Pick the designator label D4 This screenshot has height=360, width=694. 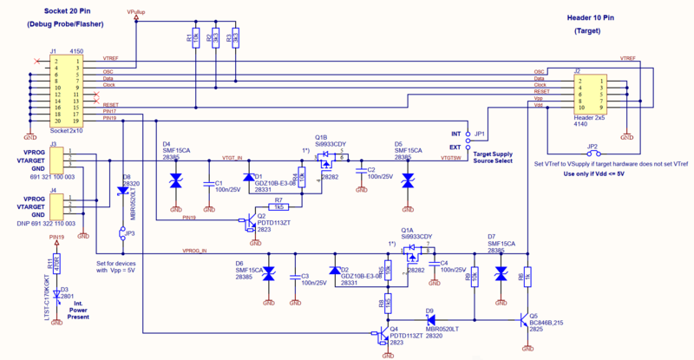(167, 144)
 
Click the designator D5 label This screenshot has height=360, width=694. (398, 144)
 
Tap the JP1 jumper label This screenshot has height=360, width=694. (481, 134)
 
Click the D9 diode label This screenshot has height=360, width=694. (429, 310)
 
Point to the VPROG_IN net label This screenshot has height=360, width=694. (195, 251)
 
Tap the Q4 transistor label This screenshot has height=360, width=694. (395, 329)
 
